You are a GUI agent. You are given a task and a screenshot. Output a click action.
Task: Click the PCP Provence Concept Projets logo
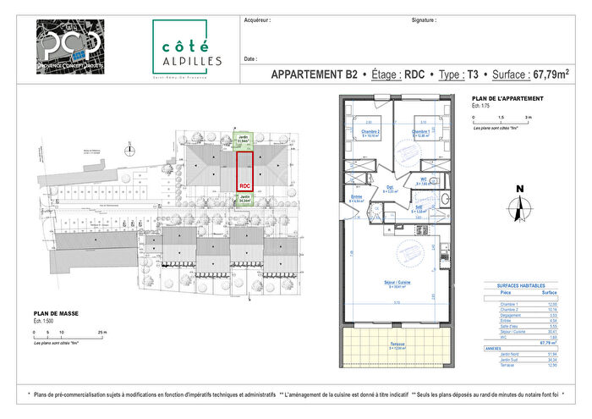(x=71, y=48)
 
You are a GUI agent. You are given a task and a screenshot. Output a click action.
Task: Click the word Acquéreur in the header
(x=257, y=19)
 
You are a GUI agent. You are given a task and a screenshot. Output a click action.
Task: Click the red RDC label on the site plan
(x=244, y=184)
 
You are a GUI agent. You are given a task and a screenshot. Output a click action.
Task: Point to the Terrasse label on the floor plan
(x=396, y=344)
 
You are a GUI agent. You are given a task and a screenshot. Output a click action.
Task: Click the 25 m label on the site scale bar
(x=103, y=333)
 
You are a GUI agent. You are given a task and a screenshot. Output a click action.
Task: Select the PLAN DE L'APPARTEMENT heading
(x=507, y=99)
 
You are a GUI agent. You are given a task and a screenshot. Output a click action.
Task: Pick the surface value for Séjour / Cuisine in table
(x=555, y=333)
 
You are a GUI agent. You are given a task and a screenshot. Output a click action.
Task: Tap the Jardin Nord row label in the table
(x=505, y=353)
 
